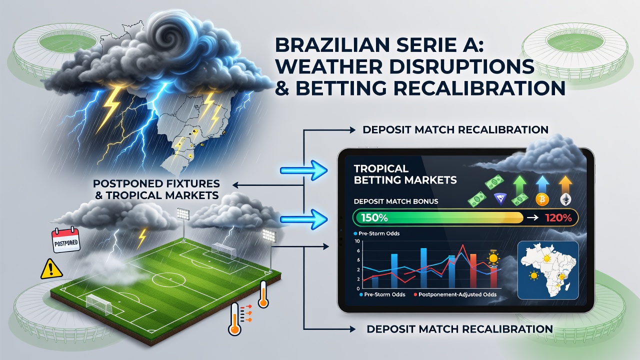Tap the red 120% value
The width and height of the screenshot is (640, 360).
pos(558,218)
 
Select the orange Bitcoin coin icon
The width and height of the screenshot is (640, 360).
pos(542,199)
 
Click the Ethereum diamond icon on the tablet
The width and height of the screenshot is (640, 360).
pos(565,199)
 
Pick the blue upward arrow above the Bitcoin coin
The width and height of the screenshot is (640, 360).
pos(542,183)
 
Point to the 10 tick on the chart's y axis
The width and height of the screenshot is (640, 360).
pos(357,241)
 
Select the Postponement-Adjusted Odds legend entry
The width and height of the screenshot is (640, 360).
pos(455,294)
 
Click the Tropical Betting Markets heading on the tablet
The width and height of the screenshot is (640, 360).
pos(405,174)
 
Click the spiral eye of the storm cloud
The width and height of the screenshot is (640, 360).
pos(168,36)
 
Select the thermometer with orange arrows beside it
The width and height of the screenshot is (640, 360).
pos(235,318)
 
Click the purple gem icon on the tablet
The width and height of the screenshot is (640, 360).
pos(500,199)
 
